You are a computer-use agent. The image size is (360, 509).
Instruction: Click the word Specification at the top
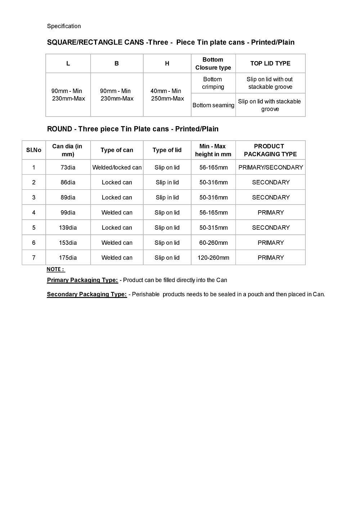click(64, 26)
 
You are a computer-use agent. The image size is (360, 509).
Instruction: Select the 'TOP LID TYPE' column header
click(270, 63)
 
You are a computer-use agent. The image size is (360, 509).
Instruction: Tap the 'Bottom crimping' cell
click(213, 83)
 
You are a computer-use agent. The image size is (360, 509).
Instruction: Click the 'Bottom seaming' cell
click(213, 105)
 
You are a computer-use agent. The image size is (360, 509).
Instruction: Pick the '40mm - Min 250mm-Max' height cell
click(167, 95)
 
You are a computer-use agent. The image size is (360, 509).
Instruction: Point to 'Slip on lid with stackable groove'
click(270, 105)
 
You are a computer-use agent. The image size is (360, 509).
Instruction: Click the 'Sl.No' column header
click(34, 150)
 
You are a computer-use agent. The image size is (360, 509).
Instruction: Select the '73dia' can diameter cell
click(68, 167)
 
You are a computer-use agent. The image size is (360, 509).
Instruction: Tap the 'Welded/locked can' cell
click(117, 167)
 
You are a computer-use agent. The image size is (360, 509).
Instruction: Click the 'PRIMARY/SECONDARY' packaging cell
click(271, 167)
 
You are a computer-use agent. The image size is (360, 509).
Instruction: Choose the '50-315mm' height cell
click(213, 228)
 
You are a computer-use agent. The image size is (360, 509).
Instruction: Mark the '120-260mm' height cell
click(213, 258)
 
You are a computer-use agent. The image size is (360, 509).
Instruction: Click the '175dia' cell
click(68, 258)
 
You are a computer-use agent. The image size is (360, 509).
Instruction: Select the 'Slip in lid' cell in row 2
click(167, 183)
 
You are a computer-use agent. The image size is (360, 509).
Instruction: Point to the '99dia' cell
click(68, 212)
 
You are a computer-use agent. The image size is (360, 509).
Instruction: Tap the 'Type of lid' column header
click(167, 150)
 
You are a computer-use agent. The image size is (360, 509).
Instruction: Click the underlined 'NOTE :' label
click(55, 269)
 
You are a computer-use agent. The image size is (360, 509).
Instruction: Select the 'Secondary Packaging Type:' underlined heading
click(87, 294)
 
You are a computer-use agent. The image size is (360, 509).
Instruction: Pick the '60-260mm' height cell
click(213, 243)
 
